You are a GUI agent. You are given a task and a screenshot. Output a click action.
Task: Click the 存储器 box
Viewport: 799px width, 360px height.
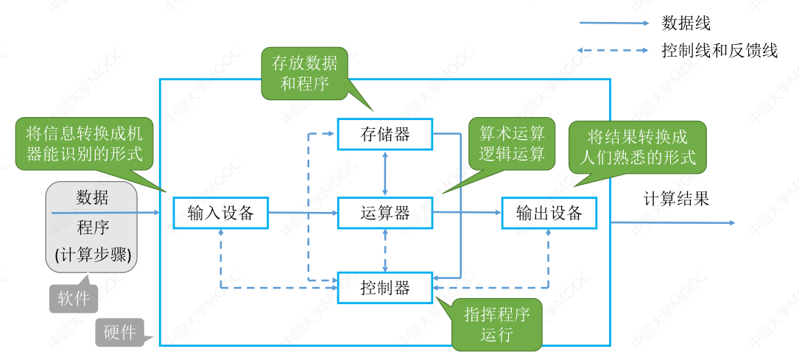pyautogui.click(x=385, y=134)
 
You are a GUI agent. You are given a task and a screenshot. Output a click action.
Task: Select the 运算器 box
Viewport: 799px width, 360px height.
pyautogui.click(x=385, y=213)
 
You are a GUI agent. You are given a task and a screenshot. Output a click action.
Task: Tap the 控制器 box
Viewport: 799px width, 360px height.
pyautogui.click(x=385, y=288)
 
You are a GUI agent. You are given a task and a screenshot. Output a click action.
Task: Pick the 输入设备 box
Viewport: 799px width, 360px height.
pyautogui.click(x=221, y=213)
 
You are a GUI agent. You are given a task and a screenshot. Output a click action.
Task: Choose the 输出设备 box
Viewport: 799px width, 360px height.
pyautogui.click(x=549, y=213)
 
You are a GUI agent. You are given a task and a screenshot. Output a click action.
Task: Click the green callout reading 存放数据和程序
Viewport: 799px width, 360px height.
pyautogui.click(x=304, y=73)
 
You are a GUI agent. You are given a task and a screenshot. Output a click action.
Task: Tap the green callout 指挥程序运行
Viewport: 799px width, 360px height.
pyautogui.click(x=496, y=324)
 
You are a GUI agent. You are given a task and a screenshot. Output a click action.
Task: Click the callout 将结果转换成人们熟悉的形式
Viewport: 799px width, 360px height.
pyautogui.click(x=638, y=147)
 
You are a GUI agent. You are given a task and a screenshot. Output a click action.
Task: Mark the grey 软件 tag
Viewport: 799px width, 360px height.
pyautogui.click(x=74, y=298)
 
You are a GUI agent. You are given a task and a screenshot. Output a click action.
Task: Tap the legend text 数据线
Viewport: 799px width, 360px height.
pyautogui.click(x=686, y=24)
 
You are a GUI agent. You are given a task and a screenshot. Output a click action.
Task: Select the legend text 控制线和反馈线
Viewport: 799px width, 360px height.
pyautogui.click(x=719, y=51)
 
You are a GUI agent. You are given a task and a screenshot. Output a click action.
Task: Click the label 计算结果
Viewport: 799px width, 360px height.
pyautogui.click(x=676, y=198)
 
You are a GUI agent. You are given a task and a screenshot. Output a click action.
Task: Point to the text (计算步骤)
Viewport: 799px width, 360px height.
pyautogui.click(x=93, y=255)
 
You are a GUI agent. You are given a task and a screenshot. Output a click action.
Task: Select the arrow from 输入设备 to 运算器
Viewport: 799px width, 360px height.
pyautogui.click(x=302, y=213)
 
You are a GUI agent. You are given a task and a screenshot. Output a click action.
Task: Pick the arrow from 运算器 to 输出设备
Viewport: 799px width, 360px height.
pyautogui.click(x=467, y=213)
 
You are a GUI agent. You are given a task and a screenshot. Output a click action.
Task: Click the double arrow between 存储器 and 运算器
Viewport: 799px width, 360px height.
pyautogui.click(x=385, y=174)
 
